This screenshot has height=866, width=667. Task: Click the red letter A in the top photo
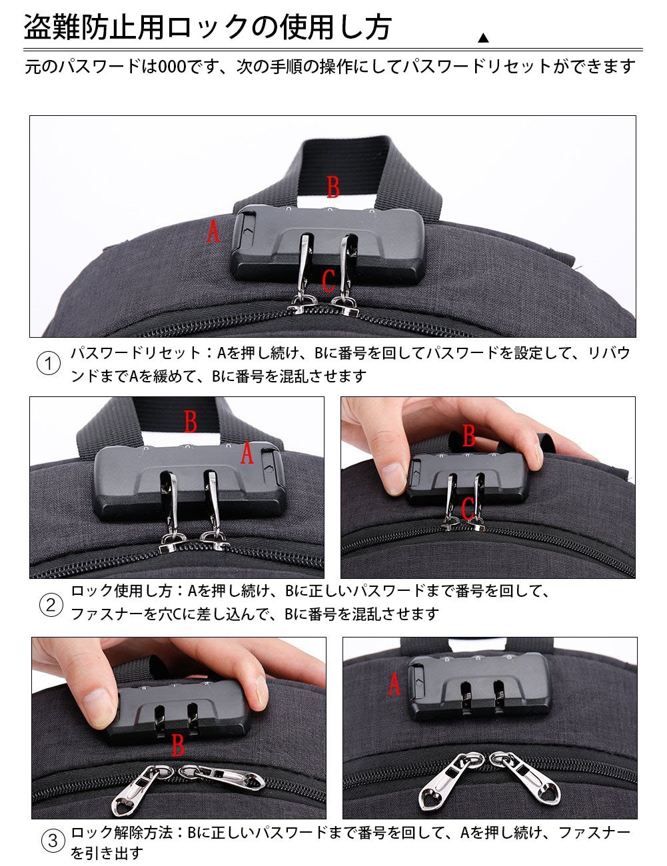[x=213, y=231]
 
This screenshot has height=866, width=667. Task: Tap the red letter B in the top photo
[x=333, y=187]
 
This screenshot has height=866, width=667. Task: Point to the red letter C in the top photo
[x=329, y=280]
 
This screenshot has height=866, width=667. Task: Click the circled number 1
[x=49, y=364]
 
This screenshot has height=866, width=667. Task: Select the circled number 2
[x=51, y=606]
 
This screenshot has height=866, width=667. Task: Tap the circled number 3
[x=53, y=841]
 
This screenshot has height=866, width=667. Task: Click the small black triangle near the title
[x=483, y=38]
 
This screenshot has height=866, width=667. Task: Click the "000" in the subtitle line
[x=172, y=67]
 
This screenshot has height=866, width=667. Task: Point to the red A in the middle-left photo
[x=247, y=453]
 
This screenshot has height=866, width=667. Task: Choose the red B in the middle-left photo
[x=191, y=422]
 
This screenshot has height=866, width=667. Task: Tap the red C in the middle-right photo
[x=468, y=509]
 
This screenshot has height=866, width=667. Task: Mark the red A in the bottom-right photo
[x=394, y=684]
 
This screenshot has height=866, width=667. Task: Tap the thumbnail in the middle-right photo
[x=392, y=478]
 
